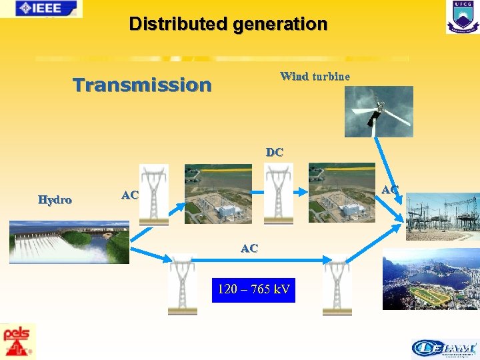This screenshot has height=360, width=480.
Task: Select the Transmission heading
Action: point(142,85)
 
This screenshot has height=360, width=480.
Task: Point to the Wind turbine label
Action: point(315,76)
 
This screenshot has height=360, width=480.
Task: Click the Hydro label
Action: point(55,199)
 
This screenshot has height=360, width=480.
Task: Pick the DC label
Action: point(274,152)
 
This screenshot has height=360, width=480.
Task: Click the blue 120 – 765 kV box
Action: point(253,289)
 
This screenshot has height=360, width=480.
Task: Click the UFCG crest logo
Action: point(462,17)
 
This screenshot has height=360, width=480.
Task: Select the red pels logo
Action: point(18,341)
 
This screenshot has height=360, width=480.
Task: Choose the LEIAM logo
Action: point(444,347)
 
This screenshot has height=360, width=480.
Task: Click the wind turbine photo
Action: point(379,111)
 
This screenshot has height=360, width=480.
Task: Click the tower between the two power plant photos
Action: point(278,193)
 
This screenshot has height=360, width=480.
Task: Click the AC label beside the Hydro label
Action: point(130,195)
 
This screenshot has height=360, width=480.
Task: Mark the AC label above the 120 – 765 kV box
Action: point(249,248)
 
